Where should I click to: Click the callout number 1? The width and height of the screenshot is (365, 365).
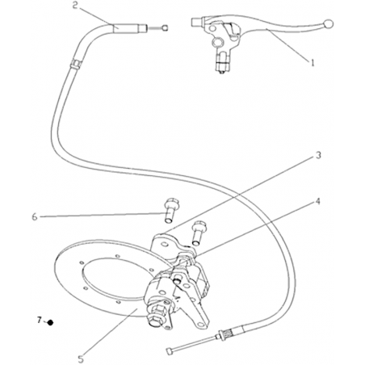click(x=313, y=63)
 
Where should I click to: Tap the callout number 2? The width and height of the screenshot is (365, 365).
click(x=76, y=6)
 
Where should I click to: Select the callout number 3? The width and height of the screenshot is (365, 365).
click(x=318, y=155)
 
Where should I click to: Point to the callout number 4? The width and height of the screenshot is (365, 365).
click(x=318, y=201)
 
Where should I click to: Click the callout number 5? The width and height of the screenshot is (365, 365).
click(x=81, y=359)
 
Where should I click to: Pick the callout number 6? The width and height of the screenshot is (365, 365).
click(x=35, y=216)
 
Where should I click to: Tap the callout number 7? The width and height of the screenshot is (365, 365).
click(x=40, y=320)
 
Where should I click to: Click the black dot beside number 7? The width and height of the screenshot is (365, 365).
click(x=50, y=322)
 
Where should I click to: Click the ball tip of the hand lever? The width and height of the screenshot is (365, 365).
click(x=329, y=24)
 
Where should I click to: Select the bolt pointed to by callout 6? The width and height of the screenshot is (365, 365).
click(x=170, y=211)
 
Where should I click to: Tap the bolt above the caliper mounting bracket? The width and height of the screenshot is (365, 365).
click(x=199, y=233)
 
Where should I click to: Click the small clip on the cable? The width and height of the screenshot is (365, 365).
click(x=76, y=64)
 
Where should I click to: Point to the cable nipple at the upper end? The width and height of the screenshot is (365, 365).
click(x=165, y=27)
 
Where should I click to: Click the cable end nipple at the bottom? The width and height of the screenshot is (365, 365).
click(x=170, y=350)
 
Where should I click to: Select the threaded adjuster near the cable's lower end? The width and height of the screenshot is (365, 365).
click(x=226, y=334)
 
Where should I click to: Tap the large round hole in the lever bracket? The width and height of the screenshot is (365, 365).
click(x=217, y=42)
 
